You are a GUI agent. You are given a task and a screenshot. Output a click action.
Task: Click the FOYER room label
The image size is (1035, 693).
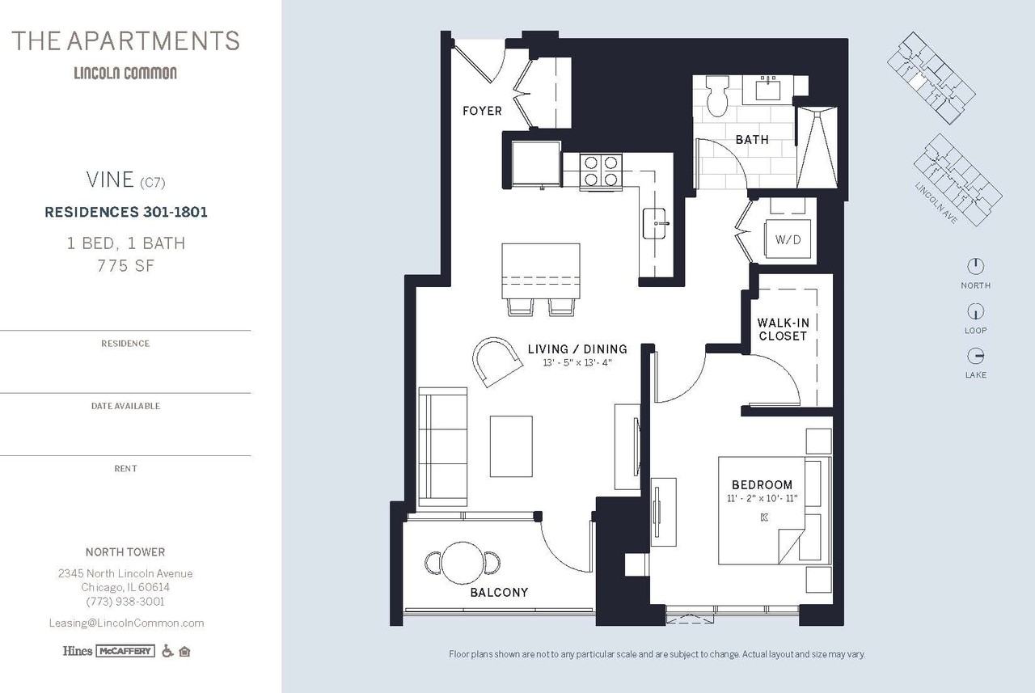482,111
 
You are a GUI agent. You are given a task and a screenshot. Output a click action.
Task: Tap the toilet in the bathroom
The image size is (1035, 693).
717,96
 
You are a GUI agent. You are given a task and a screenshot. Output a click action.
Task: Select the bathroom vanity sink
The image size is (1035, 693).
768,89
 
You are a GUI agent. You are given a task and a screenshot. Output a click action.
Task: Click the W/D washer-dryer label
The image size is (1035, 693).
788,239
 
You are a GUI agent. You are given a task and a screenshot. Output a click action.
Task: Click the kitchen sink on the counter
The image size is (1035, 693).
655,223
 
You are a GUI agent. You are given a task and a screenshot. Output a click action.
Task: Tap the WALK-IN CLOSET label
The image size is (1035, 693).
783,329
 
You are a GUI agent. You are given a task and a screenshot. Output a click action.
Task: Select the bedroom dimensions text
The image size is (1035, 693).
763,498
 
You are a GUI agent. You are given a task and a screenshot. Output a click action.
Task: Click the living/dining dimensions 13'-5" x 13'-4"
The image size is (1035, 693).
577,362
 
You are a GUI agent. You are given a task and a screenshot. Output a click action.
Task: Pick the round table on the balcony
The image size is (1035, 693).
462,563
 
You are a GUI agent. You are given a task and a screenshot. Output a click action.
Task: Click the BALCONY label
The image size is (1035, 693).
499,592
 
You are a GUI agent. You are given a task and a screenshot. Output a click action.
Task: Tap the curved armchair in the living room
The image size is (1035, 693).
497,361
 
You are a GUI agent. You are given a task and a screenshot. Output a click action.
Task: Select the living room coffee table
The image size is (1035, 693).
511,446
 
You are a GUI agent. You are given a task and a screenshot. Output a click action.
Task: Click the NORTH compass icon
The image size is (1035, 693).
975,266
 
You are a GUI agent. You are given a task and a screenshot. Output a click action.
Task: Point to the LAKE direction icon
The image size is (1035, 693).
975,356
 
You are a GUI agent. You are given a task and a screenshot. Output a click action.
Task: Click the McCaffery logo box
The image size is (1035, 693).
125,651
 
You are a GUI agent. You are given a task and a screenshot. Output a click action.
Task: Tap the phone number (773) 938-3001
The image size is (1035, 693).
125,602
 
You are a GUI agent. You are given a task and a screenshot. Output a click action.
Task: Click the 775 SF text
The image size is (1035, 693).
125,266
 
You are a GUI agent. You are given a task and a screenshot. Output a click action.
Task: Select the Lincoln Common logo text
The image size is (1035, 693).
125,73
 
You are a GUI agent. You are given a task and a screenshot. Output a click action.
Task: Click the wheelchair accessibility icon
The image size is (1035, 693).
167,651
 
